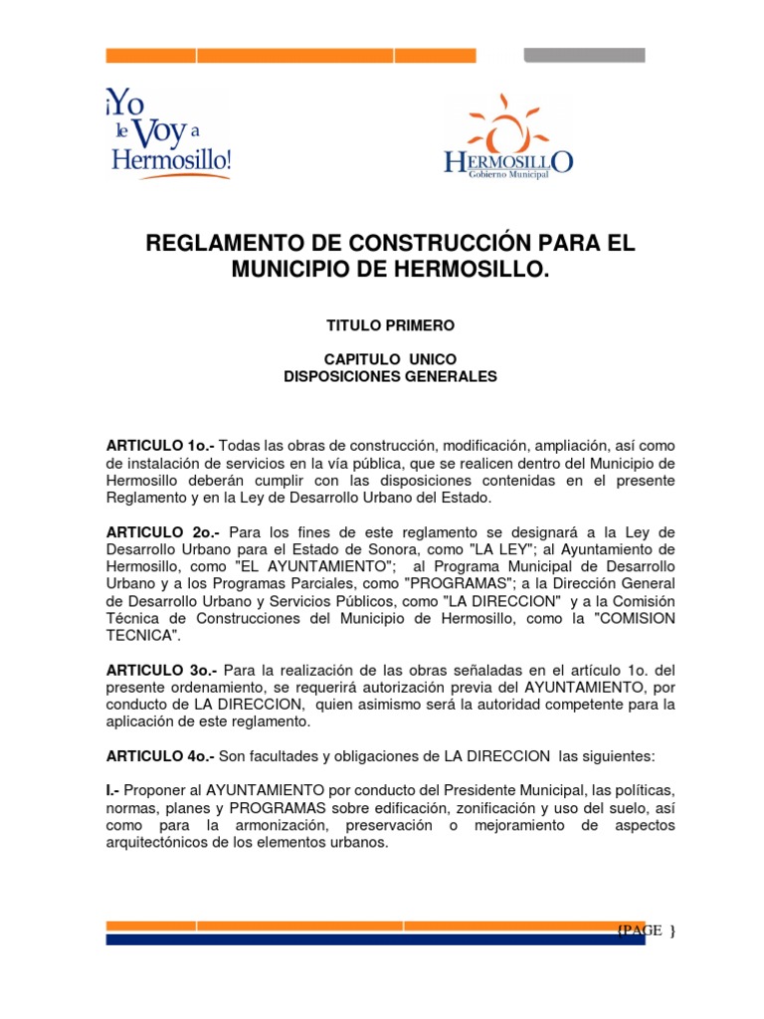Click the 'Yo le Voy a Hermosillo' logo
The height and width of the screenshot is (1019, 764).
[x=169, y=133]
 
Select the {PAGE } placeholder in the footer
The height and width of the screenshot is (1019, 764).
[x=646, y=930]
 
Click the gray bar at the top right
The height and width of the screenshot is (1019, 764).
[x=584, y=55]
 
